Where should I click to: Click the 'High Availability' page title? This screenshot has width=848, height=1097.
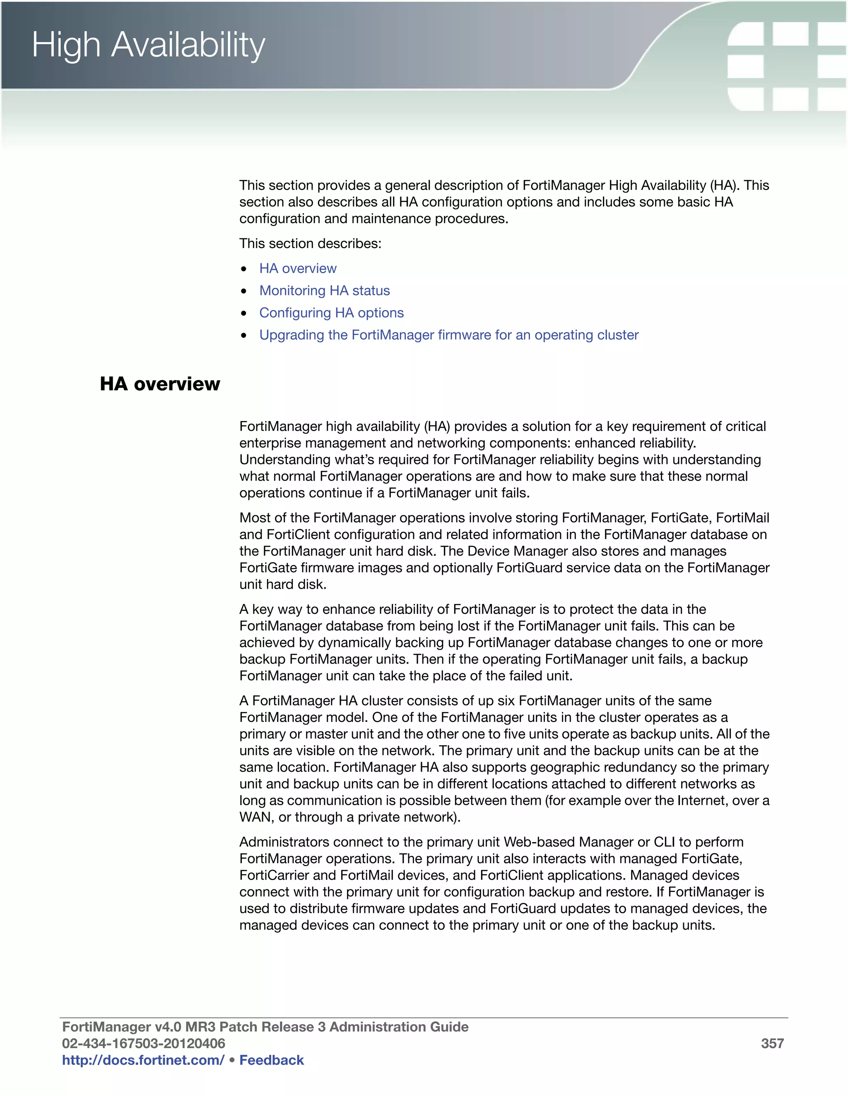pyautogui.click(x=148, y=45)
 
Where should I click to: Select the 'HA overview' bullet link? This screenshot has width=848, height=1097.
pyautogui.click(x=297, y=269)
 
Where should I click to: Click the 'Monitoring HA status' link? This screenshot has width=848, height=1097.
pyautogui.click(x=324, y=291)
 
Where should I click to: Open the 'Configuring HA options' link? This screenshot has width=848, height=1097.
pyautogui.click(x=331, y=313)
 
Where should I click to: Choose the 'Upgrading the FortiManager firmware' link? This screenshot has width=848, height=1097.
pyautogui.click(x=448, y=335)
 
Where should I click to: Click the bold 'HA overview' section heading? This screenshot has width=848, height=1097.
pyautogui.click(x=160, y=384)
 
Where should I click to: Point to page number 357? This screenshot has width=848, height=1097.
pyautogui.click(x=772, y=1044)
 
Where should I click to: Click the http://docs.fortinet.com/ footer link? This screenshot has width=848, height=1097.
pyautogui.click(x=143, y=1060)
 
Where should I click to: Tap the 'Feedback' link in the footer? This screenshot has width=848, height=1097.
pyautogui.click(x=271, y=1060)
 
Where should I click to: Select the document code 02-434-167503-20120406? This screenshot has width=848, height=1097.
pyautogui.click(x=143, y=1044)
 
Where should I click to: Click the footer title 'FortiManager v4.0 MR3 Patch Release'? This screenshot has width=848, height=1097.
pyautogui.click(x=265, y=1027)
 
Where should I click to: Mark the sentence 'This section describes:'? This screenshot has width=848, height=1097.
pyautogui.click(x=310, y=243)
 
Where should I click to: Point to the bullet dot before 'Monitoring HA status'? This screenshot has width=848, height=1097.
pyautogui.click(x=243, y=291)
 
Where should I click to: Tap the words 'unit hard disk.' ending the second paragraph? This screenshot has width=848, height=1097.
pyautogui.click(x=283, y=585)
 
